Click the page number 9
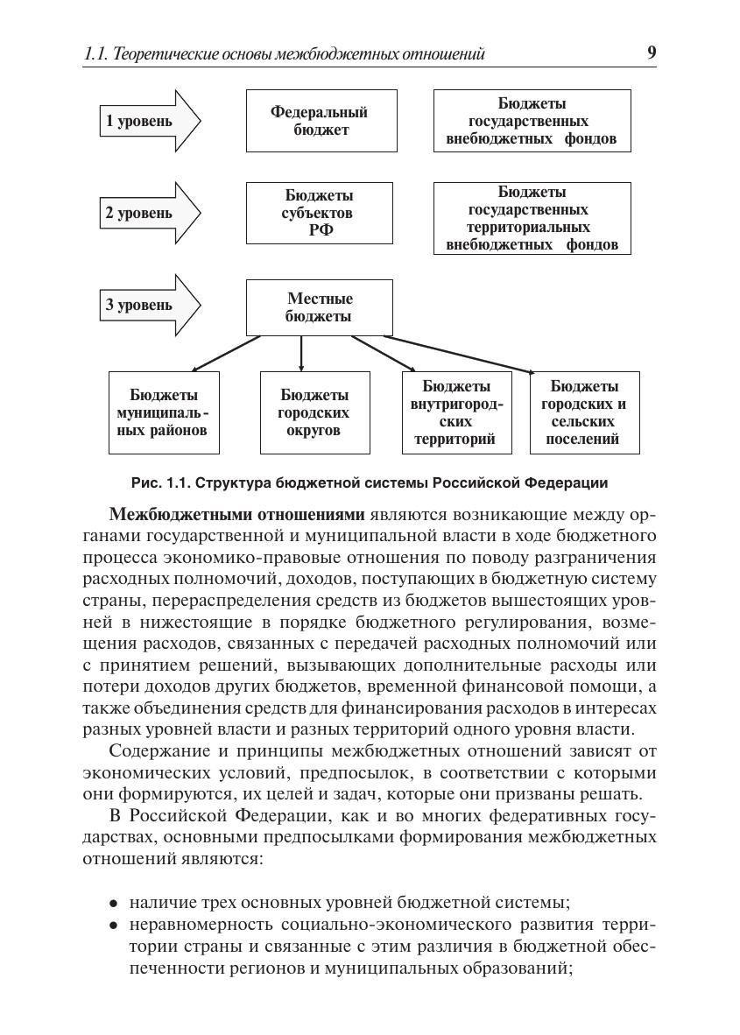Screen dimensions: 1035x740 652,53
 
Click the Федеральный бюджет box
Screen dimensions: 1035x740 319,121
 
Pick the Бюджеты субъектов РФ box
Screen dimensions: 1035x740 319,213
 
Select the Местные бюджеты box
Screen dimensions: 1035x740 319,307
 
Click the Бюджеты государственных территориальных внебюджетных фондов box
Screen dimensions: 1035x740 532,218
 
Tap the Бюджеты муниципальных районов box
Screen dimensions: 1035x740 163,412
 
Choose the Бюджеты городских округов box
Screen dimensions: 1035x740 314,412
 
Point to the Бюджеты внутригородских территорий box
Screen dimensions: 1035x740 455,412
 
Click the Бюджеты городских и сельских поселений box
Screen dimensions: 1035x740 584,412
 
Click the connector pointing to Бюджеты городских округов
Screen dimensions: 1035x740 301,353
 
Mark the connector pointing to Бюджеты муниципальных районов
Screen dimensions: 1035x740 226,353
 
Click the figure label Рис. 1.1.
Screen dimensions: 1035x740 159,482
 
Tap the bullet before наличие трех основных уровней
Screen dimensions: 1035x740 114,903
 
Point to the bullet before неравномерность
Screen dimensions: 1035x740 114,926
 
